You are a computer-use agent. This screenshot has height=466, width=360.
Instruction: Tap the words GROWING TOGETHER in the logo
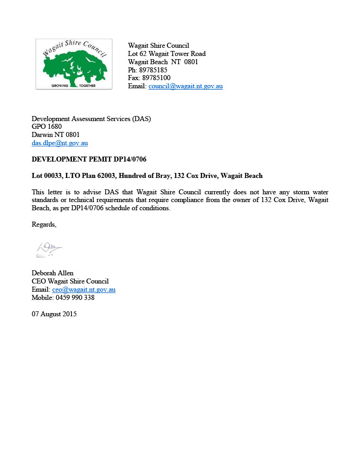[73, 85]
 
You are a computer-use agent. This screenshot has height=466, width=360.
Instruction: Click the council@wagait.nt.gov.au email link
[186, 86]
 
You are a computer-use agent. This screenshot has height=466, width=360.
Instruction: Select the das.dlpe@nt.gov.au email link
[60, 143]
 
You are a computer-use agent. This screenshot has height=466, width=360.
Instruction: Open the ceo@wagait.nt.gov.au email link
[84, 289]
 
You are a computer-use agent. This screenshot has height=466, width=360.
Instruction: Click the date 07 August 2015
[54, 314]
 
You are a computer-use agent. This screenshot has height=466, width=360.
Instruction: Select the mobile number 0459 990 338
[75, 298]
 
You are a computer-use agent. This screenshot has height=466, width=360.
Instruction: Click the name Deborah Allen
[52, 273]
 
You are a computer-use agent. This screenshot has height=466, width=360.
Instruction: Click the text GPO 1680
[46, 127]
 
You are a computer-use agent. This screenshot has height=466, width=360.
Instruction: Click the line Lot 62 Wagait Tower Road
[167, 54]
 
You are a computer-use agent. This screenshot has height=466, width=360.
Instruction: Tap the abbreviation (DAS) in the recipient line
[141, 119]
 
